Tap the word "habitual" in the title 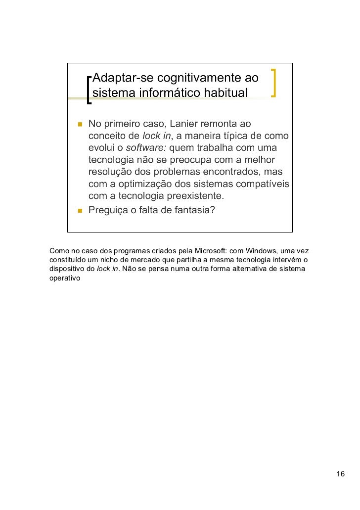coord(223,93)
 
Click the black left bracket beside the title coord(89,90)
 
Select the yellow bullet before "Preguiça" coord(79,211)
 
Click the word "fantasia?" coord(194,211)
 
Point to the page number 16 coord(340,474)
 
